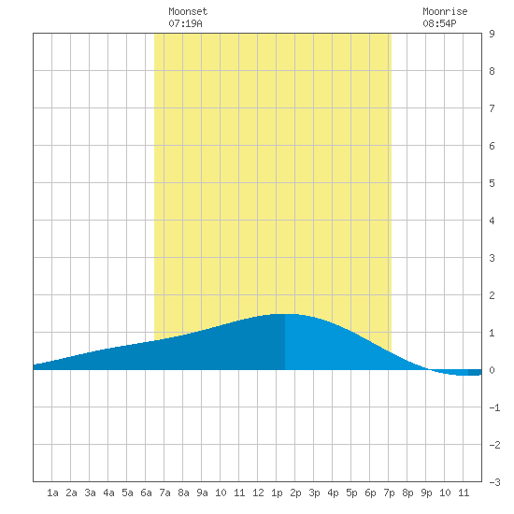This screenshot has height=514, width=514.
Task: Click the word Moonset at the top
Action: [x=188, y=11]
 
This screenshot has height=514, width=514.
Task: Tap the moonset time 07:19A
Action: [x=185, y=23]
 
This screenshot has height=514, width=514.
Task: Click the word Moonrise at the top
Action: [x=445, y=11]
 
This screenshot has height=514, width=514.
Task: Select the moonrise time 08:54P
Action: [x=439, y=23]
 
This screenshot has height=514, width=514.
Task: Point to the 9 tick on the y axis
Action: [x=492, y=34]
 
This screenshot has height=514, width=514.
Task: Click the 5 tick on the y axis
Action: [x=492, y=183]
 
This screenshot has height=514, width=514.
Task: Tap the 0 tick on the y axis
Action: [x=492, y=370]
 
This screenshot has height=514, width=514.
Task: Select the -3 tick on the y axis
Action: [x=494, y=482]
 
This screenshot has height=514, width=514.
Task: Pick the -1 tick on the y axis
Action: [x=494, y=407]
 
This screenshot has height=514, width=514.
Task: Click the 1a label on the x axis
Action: [x=52, y=493]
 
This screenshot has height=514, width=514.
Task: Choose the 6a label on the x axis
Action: [x=146, y=493]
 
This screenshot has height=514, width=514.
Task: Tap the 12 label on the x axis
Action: [x=258, y=493]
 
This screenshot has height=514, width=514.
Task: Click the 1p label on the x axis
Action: [x=277, y=493]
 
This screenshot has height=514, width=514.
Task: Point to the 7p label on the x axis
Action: [x=389, y=493]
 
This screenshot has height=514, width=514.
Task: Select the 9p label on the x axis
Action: [x=426, y=493]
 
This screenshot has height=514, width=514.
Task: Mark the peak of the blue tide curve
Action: [x=284, y=314]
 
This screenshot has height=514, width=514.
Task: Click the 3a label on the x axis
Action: [x=90, y=493]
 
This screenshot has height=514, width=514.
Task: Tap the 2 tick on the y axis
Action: [x=492, y=295]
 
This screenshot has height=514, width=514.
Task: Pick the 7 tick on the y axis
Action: [x=492, y=108]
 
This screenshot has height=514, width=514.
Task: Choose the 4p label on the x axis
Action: [x=333, y=493]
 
